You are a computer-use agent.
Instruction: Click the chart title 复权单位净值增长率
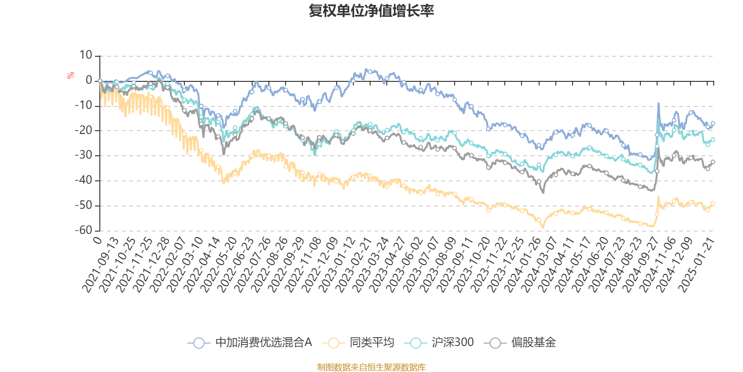pyautogui.click(x=371, y=11)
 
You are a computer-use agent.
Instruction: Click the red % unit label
pyautogui.click(x=71, y=75)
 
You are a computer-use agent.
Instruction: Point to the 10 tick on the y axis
pyautogui.click(x=86, y=55)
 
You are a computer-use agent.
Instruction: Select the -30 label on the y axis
pyautogui.click(x=83, y=155)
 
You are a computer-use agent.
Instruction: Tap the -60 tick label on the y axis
pyautogui.click(x=83, y=230)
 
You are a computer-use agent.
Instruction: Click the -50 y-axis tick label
pyautogui.click(x=83, y=205)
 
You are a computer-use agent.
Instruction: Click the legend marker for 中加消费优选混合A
pyautogui.click(x=199, y=343)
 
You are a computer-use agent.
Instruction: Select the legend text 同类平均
pyautogui.click(x=372, y=343)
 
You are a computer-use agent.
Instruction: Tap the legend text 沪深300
pyautogui.click(x=452, y=343)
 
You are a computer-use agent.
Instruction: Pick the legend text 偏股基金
pyautogui.click(x=534, y=343)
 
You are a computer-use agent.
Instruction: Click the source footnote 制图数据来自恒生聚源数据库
pyautogui.click(x=371, y=367)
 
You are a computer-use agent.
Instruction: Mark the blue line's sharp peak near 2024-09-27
pyautogui.click(x=658, y=104)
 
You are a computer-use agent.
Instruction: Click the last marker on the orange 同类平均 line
pyautogui.click(x=713, y=203)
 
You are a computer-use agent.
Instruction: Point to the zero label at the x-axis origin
pyautogui.click(x=97, y=240)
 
